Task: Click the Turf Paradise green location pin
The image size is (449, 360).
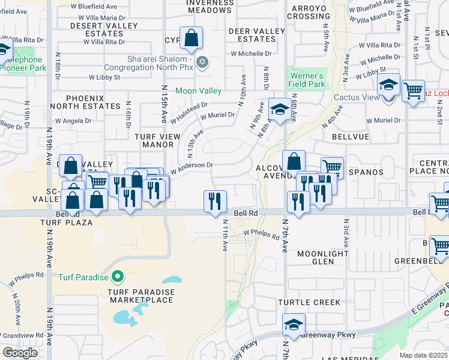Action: [118, 277]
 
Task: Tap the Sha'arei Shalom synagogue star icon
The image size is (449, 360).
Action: [202, 62]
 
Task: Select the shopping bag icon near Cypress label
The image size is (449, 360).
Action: [190, 39]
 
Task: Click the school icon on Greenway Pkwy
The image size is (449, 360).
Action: [294, 325]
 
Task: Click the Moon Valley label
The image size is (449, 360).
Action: [198, 91]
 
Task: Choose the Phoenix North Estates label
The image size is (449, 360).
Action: [93, 102]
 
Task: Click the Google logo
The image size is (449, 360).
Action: [20, 353]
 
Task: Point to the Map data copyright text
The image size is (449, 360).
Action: [424, 355]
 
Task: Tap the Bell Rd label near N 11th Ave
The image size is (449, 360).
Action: [245, 213]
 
